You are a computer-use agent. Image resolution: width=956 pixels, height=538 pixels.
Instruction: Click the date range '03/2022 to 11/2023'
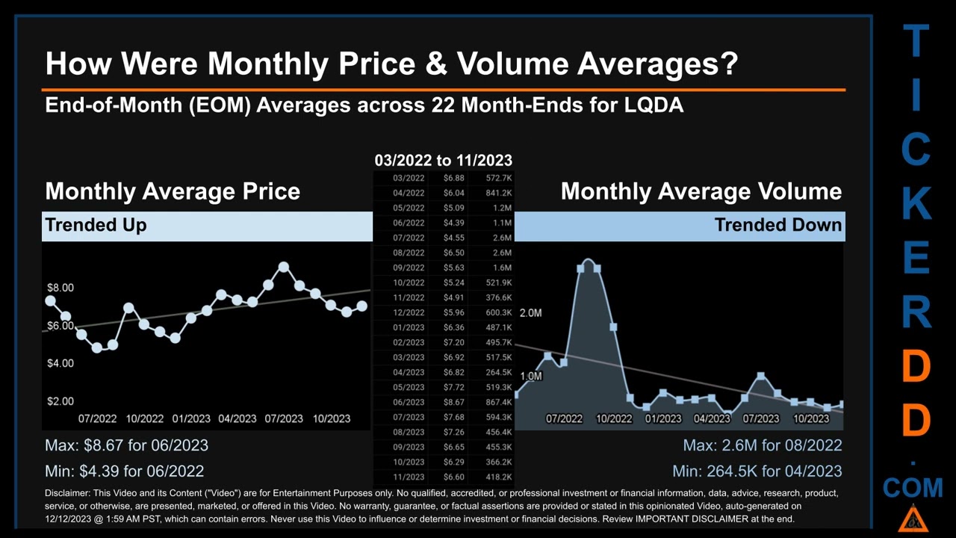tap(443, 160)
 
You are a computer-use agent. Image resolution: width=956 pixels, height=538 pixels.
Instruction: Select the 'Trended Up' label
tap(96, 225)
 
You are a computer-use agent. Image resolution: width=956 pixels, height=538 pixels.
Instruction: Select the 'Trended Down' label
tap(777, 225)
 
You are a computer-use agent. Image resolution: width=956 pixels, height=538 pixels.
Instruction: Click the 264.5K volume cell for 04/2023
tap(498, 372)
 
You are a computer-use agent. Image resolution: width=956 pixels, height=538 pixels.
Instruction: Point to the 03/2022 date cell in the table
tap(409, 178)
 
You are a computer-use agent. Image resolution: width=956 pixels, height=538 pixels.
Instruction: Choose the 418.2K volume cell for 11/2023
tap(498, 477)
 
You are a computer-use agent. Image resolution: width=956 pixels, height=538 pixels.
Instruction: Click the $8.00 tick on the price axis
tap(60, 288)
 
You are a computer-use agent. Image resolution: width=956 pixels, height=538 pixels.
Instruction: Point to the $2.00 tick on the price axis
tap(60, 401)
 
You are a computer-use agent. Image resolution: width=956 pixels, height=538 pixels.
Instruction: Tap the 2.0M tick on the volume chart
tap(530, 313)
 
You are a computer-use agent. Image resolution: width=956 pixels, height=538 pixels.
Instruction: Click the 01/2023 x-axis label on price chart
tap(191, 418)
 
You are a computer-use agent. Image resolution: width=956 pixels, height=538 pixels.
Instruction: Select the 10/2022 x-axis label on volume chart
tap(613, 418)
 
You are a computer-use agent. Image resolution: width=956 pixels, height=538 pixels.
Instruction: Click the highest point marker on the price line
tap(284, 267)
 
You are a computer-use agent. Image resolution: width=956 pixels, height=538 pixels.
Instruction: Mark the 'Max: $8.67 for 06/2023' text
tap(126, 445)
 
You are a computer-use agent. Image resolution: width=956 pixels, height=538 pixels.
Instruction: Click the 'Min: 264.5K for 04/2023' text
tap(757, 471)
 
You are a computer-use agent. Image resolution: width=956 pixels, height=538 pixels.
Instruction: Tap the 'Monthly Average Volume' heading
tap(701, 191)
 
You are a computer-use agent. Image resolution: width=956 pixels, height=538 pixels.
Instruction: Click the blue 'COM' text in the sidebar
tap(913, 489)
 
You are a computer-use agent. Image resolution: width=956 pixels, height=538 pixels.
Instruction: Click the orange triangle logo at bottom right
tap(912, 518)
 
